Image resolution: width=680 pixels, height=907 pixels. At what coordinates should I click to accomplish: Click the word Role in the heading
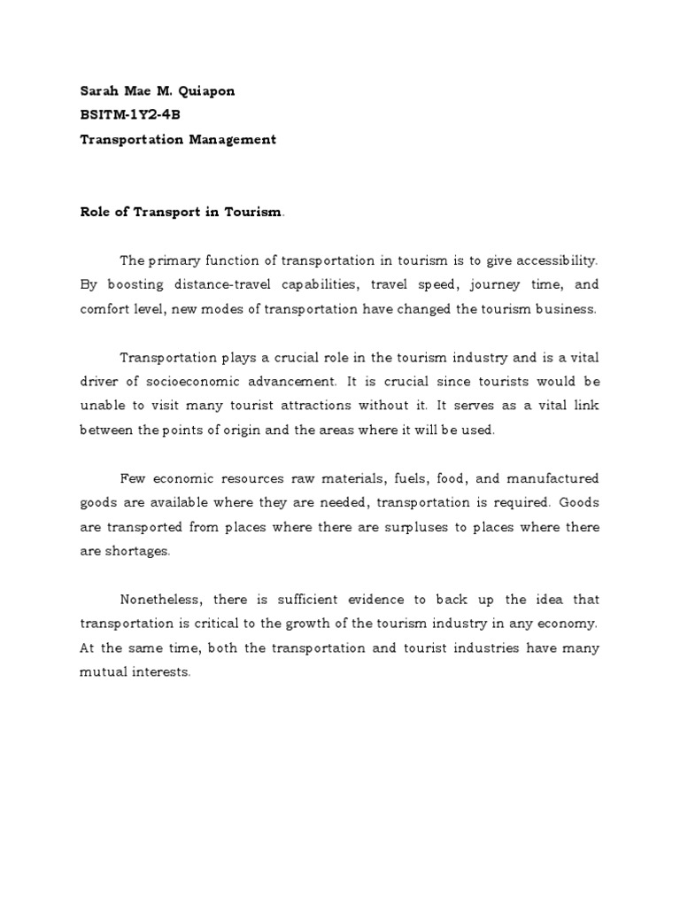[95, 212]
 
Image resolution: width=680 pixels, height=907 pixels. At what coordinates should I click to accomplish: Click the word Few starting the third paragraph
[133, 478]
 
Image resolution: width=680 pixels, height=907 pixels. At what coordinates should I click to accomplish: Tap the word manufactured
[554, 478]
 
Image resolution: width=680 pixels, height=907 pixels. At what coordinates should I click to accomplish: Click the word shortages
[137, 551]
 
